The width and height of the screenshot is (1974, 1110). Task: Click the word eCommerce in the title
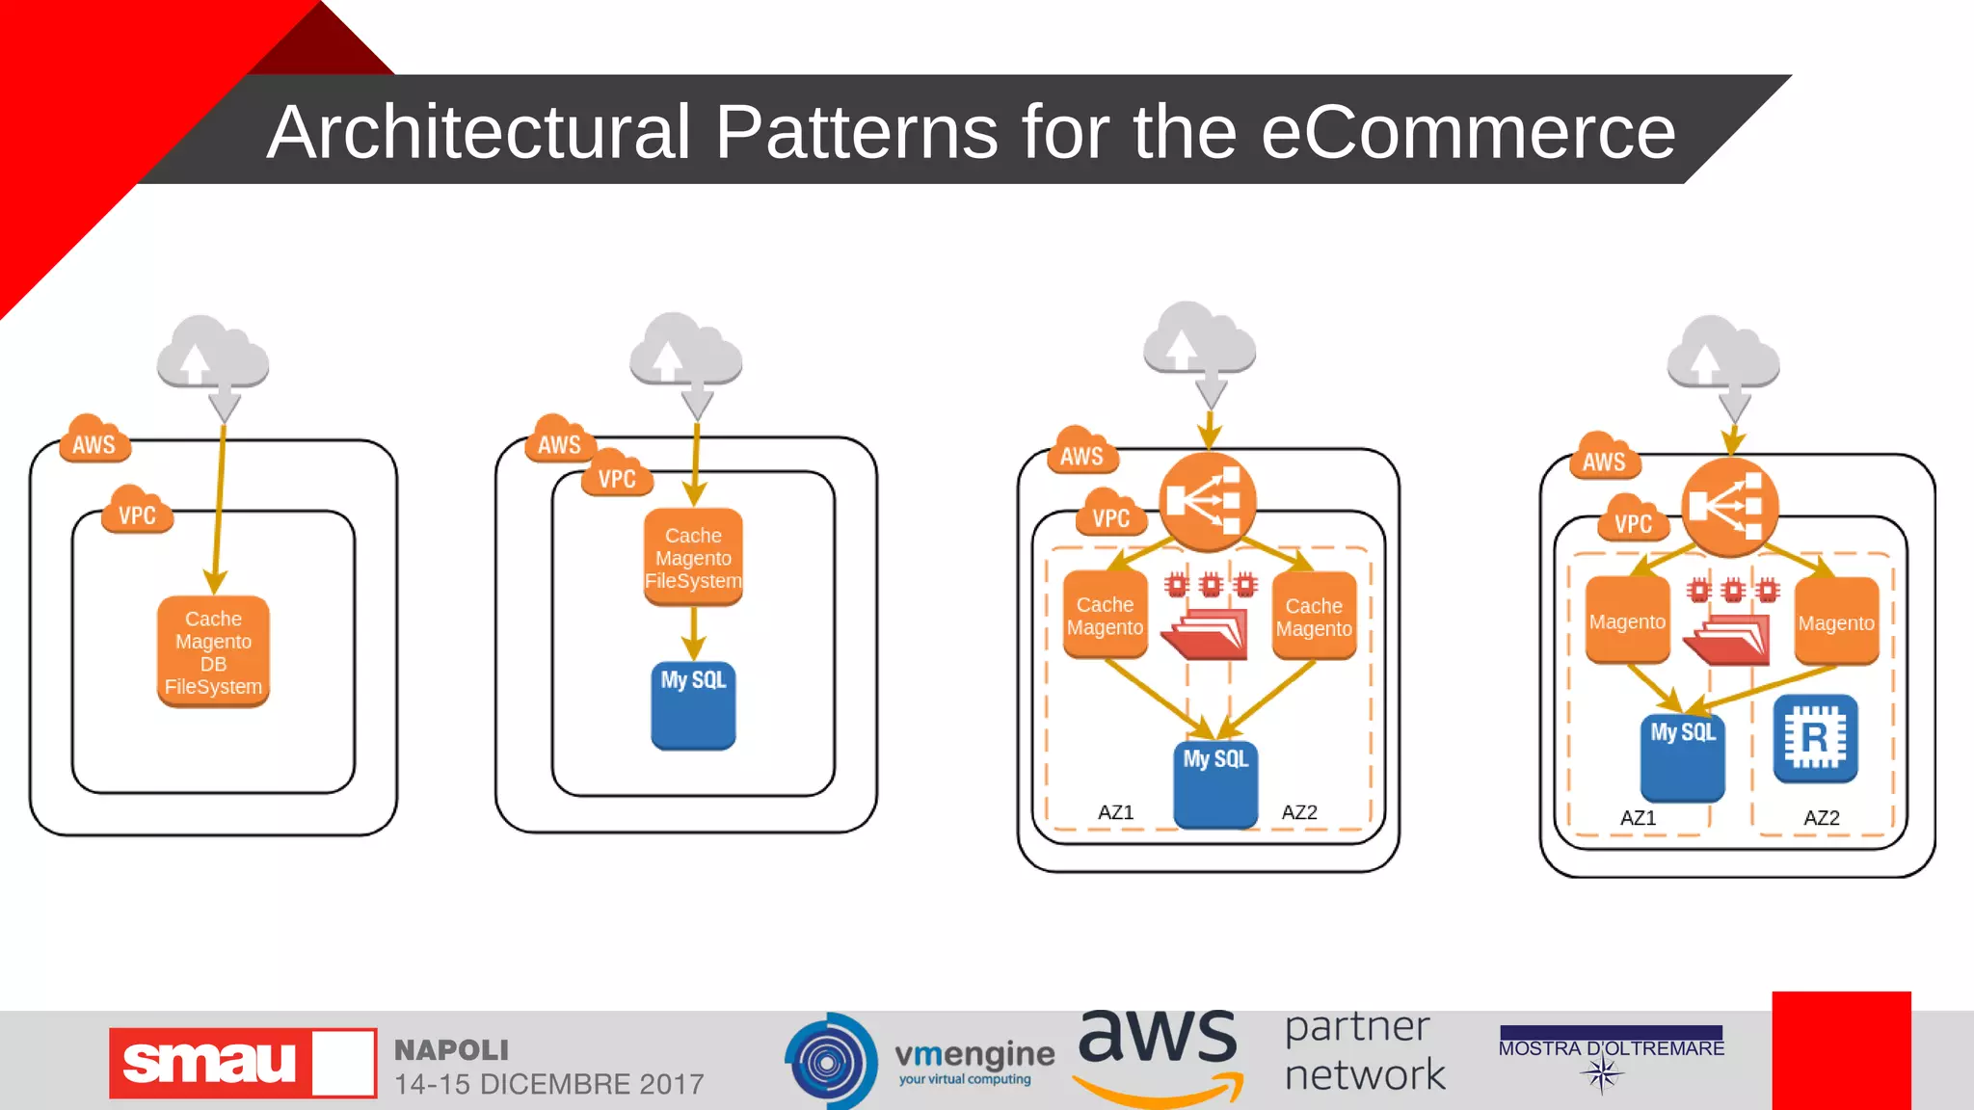coord(1468,132)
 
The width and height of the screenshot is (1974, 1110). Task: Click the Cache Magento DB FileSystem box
coord(213,651)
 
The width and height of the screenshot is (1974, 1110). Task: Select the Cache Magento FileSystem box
coord(693,557)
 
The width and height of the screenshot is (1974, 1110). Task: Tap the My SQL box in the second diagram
coord(693,706)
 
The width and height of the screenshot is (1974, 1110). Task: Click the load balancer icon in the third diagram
coord(1207,501)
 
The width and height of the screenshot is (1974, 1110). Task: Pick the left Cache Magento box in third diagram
coord(1105,615)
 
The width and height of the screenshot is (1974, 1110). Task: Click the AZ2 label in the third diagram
coord(1298,812)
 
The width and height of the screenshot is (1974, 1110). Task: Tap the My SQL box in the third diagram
coord(1215,783)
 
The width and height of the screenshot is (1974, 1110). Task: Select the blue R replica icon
coord(1814,739)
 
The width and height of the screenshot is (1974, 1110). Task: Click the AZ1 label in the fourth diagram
coord(1638,818)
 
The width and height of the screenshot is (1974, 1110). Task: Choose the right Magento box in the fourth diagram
coord(1835,621)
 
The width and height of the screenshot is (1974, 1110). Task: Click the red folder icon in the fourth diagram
coord(1732,640)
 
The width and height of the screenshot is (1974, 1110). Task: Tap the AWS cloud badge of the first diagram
coord(94,442)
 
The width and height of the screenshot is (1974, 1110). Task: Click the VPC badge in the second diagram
coord(617,476)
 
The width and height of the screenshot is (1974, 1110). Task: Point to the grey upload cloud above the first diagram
coord(213,357)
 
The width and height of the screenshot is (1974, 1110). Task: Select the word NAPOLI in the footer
coord(451,1049)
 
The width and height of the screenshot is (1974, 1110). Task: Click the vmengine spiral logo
coord(829,1062)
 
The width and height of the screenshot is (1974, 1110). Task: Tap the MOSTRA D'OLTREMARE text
coord(1611,1048)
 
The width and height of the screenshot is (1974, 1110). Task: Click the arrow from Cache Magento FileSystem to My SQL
coord(693,634)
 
